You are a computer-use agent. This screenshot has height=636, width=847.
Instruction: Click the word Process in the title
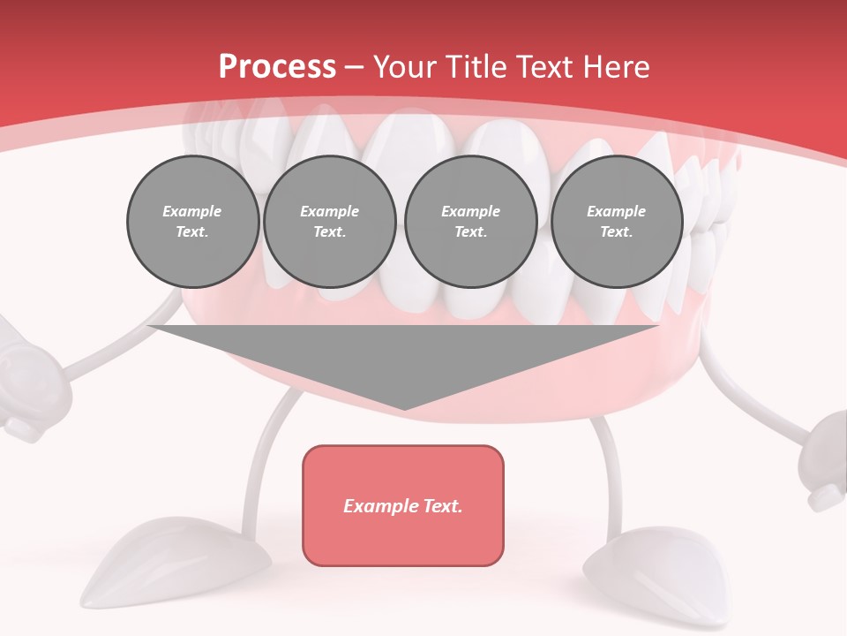click(x=277, y=67)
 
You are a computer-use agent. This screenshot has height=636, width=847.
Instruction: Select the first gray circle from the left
click(x=192, y=222)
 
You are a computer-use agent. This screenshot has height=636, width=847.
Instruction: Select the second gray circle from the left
click(x=329, y=222)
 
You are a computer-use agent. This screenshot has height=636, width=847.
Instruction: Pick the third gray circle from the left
click(x=470, y=222)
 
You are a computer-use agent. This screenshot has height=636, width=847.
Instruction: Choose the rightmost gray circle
click(x=617, y=222)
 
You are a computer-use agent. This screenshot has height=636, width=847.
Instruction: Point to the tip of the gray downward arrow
click(x=404, y=407)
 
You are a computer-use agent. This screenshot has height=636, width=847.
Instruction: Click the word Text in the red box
click(x=440, y=506)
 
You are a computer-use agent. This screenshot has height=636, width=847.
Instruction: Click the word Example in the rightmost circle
click(x=616, y=211)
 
